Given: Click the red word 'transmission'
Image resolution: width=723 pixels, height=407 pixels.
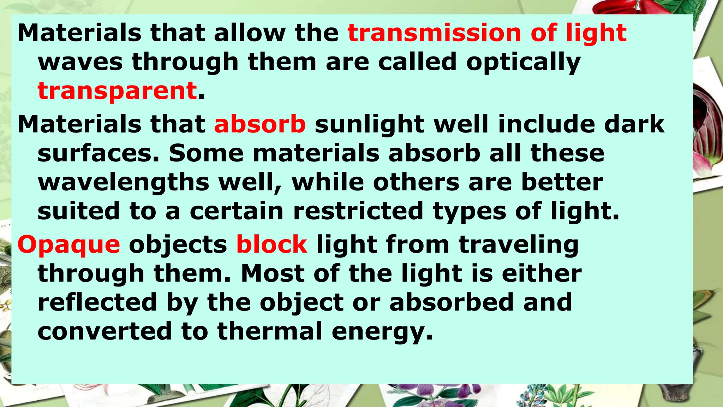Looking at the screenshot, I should coord(434,33).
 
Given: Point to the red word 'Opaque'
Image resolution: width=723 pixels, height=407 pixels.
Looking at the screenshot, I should coord(69,245).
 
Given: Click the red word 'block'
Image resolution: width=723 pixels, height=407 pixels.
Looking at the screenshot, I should coord(272,244).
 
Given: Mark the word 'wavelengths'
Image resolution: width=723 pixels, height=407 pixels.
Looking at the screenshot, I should coord(124,183).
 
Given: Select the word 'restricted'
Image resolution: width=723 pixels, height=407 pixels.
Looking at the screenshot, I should coord(358,211).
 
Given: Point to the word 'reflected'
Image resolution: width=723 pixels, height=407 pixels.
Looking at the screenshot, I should coord(97,302).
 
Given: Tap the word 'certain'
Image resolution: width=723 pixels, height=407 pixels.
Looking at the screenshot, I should coord(237,211).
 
